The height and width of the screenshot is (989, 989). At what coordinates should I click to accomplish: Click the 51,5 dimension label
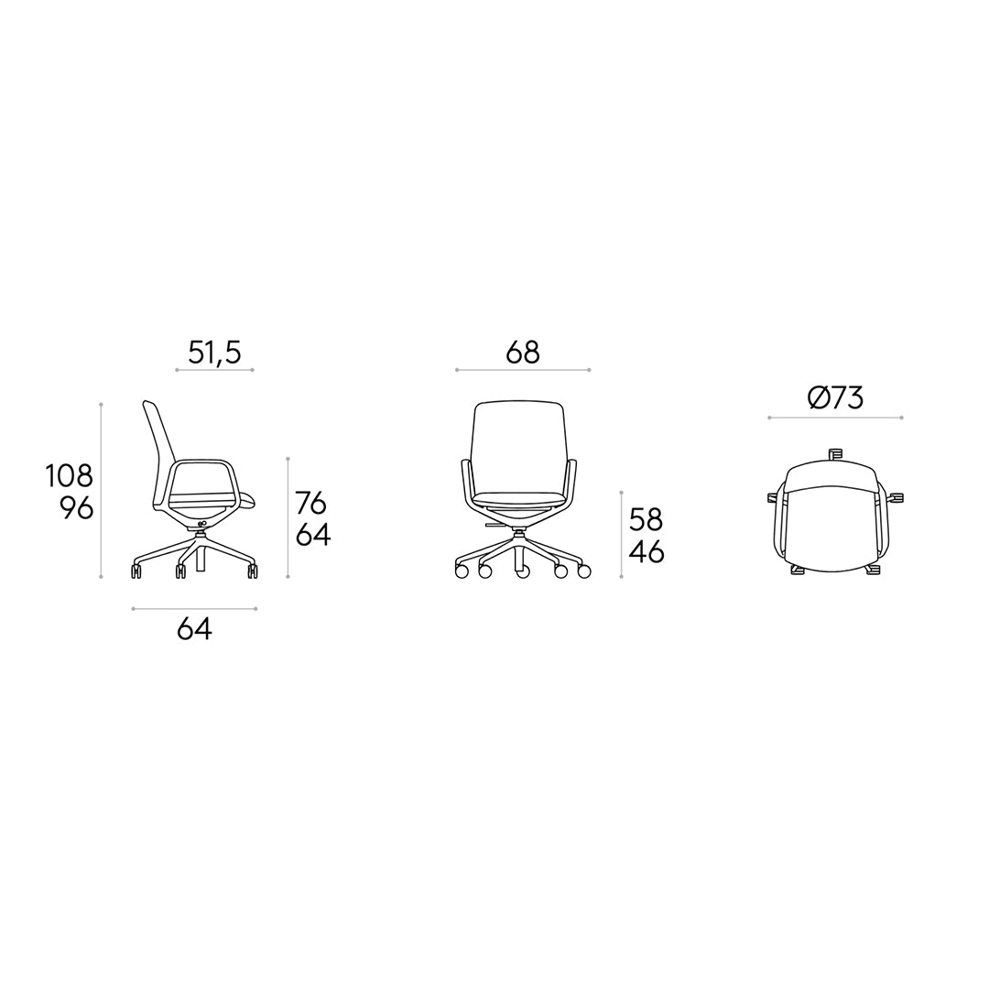coord(214,353)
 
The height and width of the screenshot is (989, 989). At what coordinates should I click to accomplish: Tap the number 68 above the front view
coord(523,353)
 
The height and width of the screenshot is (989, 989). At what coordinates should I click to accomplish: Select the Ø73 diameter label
coord(835,398)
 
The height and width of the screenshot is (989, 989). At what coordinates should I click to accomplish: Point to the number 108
coord(69,476)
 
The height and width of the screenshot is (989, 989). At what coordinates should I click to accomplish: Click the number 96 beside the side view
coord(77,508)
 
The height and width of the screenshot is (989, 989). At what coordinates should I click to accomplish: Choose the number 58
coord(647,520)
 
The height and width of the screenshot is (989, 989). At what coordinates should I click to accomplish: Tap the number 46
coord(647,553)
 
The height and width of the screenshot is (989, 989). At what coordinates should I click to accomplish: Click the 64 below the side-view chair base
coord(194,628)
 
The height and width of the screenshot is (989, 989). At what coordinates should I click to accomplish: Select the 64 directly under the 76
coord(313,536)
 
